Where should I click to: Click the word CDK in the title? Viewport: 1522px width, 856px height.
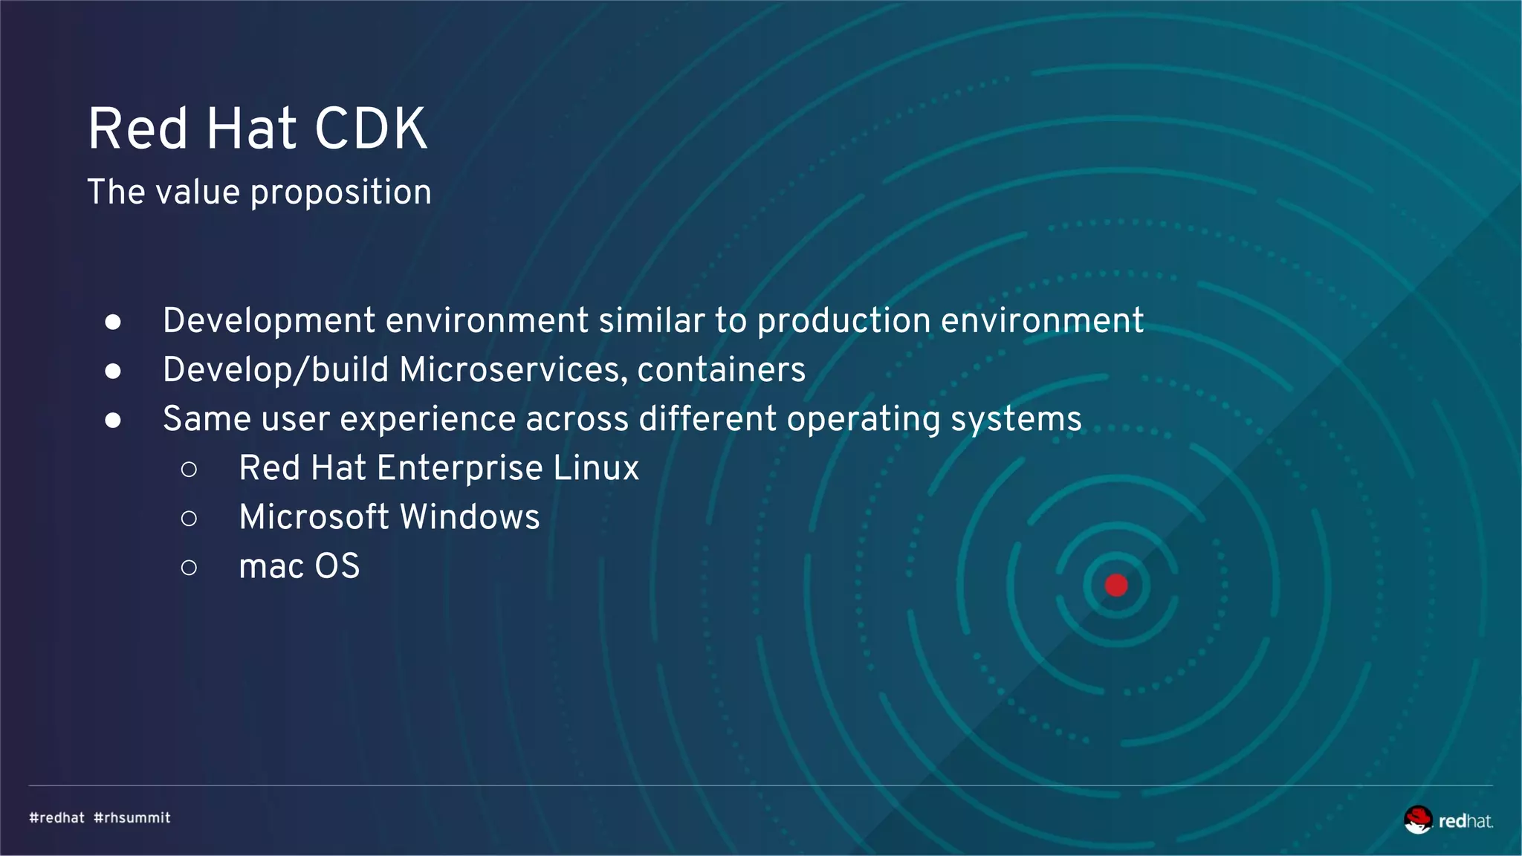pos(371,129)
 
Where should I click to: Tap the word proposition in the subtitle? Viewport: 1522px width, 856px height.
pos(340,193)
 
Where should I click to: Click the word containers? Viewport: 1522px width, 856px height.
pos(721,370)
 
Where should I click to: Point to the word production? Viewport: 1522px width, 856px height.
pos(843,321)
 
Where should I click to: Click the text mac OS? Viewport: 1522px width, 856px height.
pos(299,566)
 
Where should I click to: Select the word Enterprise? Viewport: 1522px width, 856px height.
pos(459,468)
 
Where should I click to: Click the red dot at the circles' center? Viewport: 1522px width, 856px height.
pos(1116,586)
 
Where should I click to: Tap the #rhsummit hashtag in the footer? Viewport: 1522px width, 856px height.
pos(132,818)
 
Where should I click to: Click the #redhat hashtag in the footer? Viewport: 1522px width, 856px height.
pos(57,818)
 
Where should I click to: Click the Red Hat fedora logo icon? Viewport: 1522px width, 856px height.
pos(1418,820)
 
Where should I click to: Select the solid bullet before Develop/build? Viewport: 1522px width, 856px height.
pos(113,371)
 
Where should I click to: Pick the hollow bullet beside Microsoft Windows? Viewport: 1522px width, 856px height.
pos(189,518)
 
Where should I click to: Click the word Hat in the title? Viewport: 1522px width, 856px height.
pos(251,129)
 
